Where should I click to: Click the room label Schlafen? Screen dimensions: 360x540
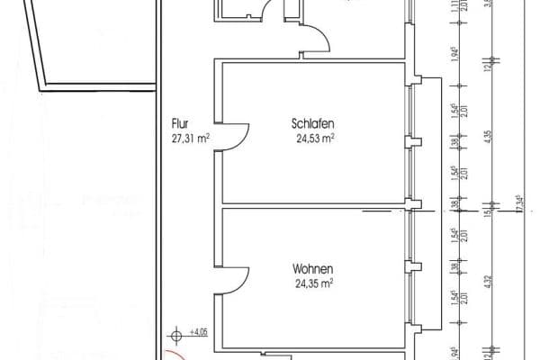313,124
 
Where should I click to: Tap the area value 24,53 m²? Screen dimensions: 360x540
313,138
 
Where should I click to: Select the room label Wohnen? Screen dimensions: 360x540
313,268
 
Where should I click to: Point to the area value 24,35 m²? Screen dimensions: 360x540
313,283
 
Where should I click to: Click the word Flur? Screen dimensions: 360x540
179,125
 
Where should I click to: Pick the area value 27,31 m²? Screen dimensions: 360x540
190,139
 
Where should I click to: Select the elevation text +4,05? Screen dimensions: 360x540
199,332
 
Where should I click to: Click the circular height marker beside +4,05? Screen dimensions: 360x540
176,335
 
